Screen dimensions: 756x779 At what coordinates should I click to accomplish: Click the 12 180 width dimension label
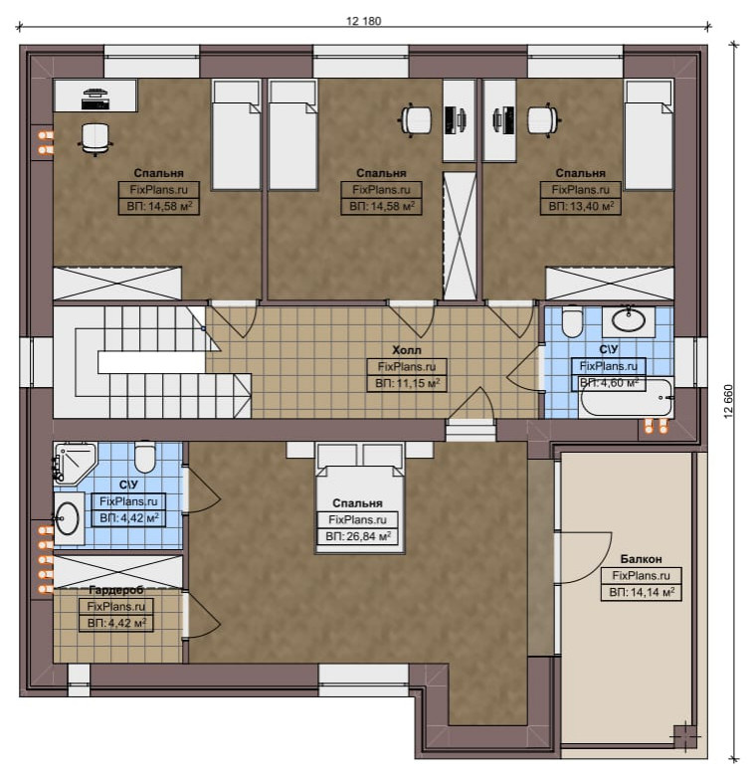[364, 21]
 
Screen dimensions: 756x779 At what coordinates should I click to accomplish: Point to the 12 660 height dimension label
[729, 401]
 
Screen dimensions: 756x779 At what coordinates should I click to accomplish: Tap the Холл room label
[406, 350]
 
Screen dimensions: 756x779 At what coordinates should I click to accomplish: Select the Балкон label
[641, 559]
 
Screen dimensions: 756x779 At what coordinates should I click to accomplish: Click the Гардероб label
[116, 590]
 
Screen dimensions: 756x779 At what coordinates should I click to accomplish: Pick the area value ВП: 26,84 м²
[358, 536]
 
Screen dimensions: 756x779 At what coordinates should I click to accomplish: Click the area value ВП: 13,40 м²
[581, 206]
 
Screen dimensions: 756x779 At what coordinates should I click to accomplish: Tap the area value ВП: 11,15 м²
[407, 384]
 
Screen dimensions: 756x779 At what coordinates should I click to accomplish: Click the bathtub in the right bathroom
[627, 398]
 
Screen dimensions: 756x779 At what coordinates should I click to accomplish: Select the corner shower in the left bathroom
[73, 462]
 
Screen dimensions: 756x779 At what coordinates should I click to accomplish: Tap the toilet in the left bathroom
[145, 457]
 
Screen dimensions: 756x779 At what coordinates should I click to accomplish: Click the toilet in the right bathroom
[572, 321]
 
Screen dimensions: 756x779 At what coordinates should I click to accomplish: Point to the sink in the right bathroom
[629, 321]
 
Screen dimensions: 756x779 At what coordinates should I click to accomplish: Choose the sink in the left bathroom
[67, 518]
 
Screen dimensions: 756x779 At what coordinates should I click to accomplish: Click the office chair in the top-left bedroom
[94, 138]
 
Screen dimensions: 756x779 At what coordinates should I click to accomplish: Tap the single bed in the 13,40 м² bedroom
[649, 134]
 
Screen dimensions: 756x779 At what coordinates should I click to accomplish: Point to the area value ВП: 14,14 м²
[642, 593]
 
